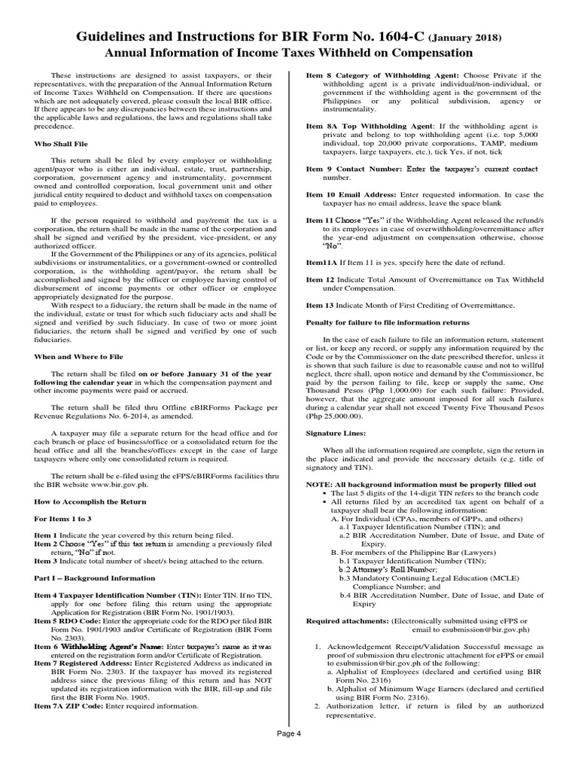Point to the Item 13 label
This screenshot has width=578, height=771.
(321, 304)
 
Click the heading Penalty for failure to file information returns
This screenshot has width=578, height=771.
(387, 322)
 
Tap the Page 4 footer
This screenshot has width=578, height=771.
(288, 756)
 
